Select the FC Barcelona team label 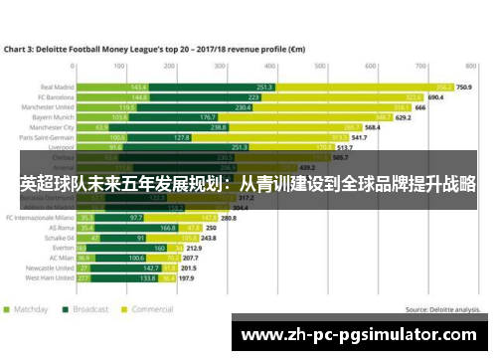pos(55,97)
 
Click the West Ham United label pos(49,278)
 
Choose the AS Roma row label pos(60,228)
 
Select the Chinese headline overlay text pos(248,186)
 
